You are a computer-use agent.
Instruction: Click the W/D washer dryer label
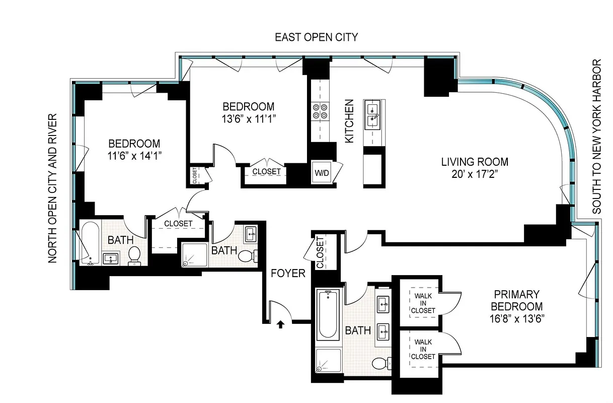point(322,173)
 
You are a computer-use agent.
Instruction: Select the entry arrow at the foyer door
point(281,324)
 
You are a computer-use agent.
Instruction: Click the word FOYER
point(288,274)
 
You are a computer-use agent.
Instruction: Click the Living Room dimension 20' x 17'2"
point(474,174)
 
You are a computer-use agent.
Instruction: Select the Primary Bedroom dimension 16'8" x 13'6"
point(516,318)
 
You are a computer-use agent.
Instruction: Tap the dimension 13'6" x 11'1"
point(249,119)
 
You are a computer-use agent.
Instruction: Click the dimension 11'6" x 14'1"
point(134,156)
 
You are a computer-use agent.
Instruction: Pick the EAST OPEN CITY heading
point(316,37)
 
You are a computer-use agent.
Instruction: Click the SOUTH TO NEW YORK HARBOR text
point(597,137)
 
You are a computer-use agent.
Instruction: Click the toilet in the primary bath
point(382,363)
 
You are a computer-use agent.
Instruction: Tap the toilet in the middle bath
point(246,255)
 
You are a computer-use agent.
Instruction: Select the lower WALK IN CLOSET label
point(423,349)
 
